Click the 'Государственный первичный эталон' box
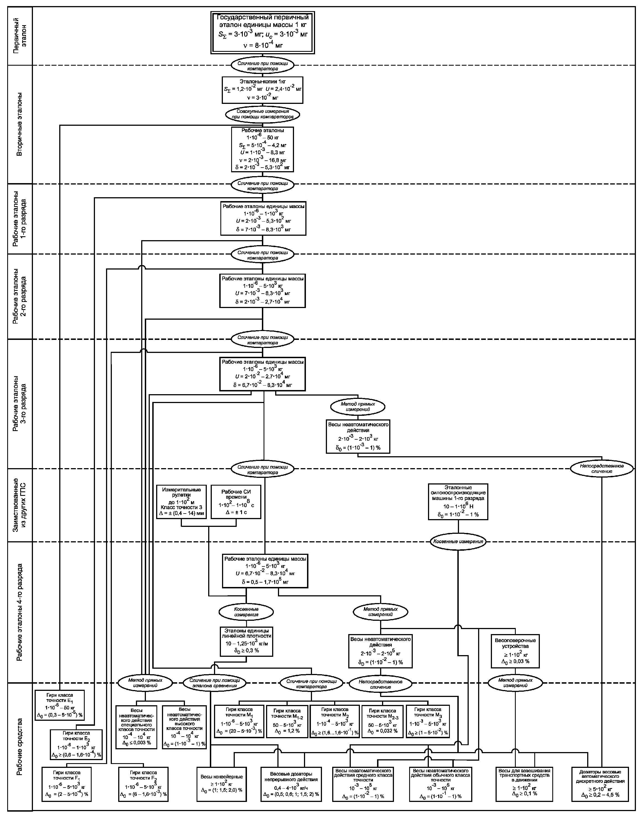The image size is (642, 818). pos(262,33)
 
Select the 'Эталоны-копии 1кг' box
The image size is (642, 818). pos(262,90)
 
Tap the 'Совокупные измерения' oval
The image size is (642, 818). pos(262,114)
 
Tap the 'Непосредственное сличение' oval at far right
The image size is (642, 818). pos(602,469)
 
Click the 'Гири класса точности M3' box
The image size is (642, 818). pos(428,721)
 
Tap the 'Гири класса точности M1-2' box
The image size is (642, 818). pos(287,721)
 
